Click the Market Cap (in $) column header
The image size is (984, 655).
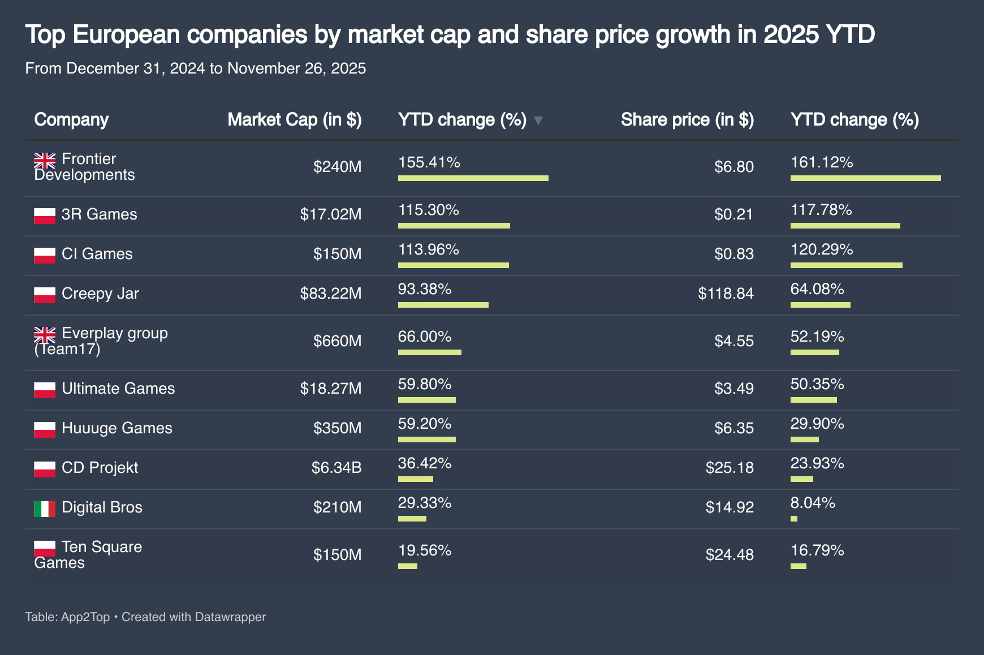(x=294, y=120)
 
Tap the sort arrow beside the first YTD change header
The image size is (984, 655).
(x=538, y=120)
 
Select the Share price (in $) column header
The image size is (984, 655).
(x=687, y=120)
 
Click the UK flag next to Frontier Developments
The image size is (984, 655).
(x=45, y=160)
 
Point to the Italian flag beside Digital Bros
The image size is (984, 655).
(x=45, y=509)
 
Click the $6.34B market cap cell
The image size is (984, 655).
(x=336, y=468)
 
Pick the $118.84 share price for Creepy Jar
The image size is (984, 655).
(x=726, y=294)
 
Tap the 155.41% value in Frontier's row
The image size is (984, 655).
(x=429, y=163)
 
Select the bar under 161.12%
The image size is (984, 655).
(x=865, y=178)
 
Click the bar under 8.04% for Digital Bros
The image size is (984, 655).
(x=794, y=519)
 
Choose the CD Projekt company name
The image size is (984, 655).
(x=100, y=468)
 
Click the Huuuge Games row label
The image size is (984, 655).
(x=116, y=428)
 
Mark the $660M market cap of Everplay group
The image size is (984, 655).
(x=337, y=341)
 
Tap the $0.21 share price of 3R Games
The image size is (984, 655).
(x=733, y=214)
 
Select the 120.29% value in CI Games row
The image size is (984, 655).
(x=822, y=250)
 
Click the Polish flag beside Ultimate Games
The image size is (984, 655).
(x=45, y=390)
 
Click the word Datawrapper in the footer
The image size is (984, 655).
(x=230, y=617)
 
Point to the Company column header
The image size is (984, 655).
(x=71, y=120)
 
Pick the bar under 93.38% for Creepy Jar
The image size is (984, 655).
(x=443, y=305)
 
